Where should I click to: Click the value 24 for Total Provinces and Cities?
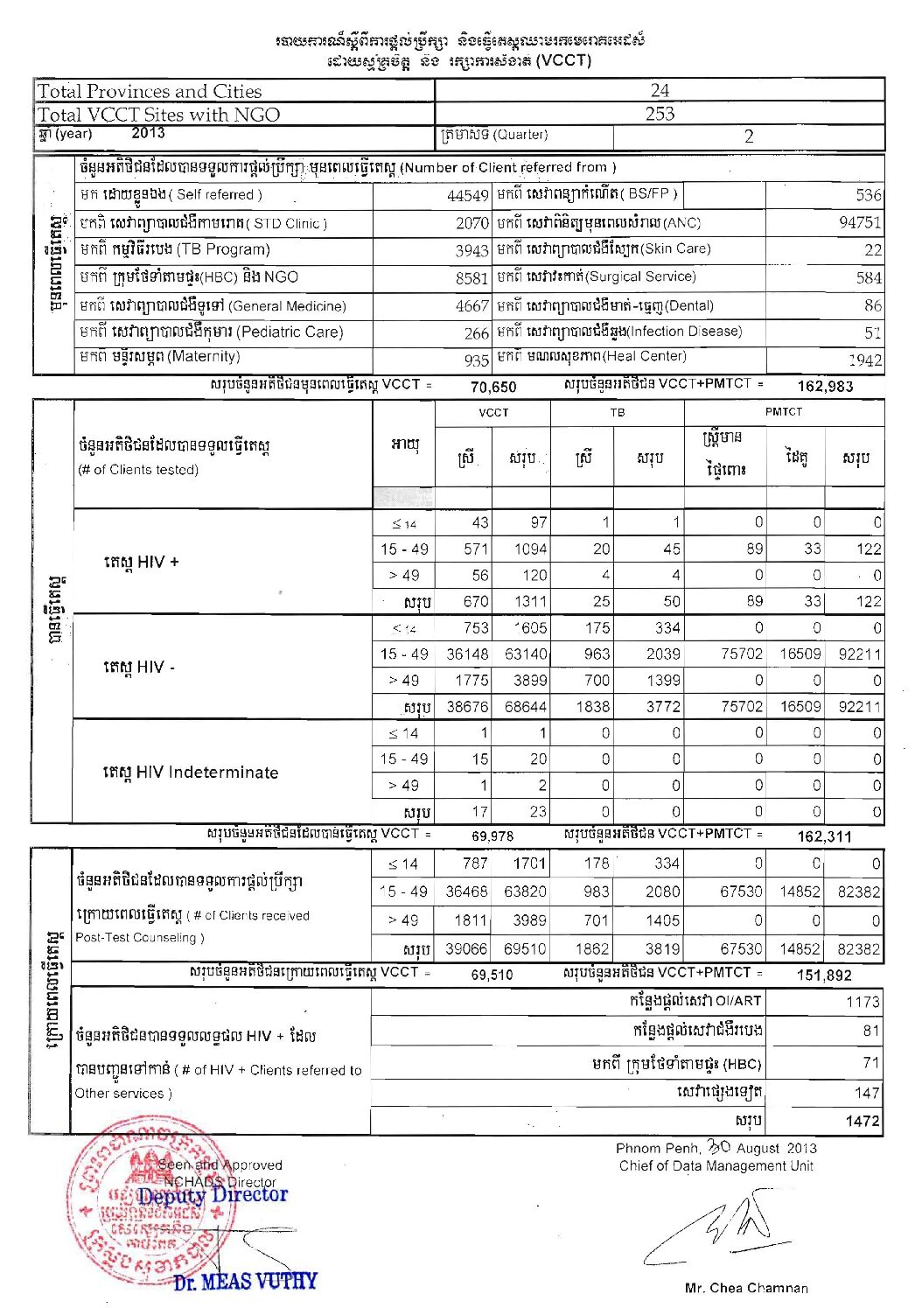pos(660,90)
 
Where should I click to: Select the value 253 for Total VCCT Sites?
pos(660,114)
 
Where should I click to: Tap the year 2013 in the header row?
pos(148,133)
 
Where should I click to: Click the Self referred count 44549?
pos(467,196)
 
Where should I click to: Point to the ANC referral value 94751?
pos(859,222)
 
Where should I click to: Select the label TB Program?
pos(175,249)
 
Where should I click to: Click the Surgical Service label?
pos(597,276)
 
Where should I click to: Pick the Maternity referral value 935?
pos(476,360)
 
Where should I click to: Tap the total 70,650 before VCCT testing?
pos(493,387)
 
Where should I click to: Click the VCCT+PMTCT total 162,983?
pos(824,386)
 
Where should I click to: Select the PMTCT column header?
pos(783,411)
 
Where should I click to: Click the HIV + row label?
pos(141,562)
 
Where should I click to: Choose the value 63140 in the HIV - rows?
pos(526,654)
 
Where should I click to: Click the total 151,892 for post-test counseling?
pos(823,975)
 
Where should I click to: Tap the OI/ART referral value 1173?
pos(863,1002)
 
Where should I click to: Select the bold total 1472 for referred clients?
pos(862,1121)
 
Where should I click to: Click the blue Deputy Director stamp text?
pos(213,1195)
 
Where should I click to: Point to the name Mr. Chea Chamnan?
pos(746,1288)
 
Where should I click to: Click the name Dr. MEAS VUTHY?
pos(245,1282)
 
